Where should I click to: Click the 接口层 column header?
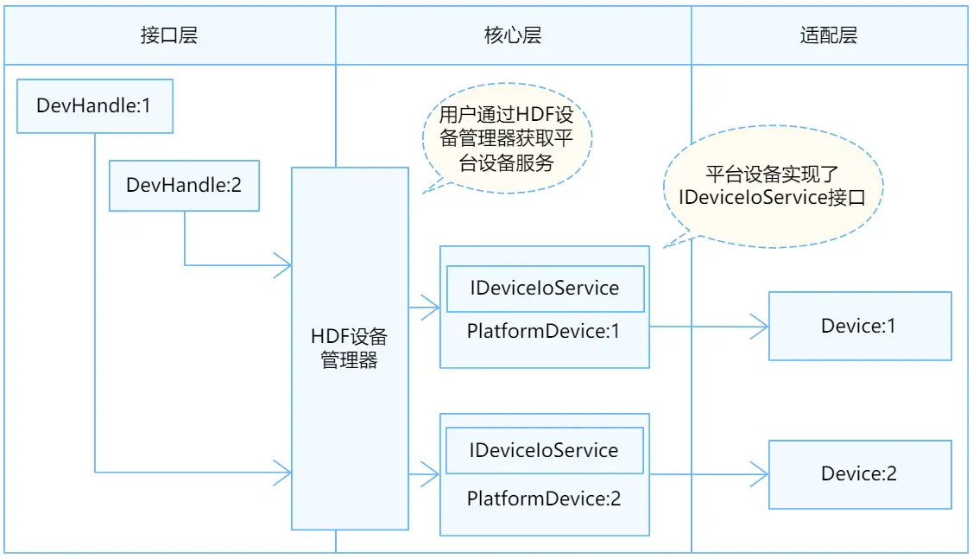[169, 35]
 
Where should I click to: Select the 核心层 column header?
[513, 35]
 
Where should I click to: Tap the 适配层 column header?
[829, 35]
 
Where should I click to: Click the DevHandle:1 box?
[94, 106]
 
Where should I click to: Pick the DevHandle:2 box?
[183, 185]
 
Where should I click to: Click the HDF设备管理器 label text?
[349, 348]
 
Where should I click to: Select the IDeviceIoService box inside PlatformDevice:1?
[545, 289]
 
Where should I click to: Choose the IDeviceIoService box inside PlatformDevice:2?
[545, 450]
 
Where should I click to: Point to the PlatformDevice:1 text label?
[544, 331]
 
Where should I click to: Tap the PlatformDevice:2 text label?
[544, 499]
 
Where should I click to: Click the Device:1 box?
[859, 326]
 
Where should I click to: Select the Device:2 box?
[859, 473]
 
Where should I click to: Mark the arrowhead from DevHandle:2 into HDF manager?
[283, 265]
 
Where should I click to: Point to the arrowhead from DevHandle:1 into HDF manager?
[283, 472]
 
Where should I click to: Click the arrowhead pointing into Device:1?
[760, 326]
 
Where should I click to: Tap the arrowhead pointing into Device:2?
[760, 473]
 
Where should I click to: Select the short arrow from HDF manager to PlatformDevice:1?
[424, 306]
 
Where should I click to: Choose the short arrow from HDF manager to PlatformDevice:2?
[424, 473]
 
